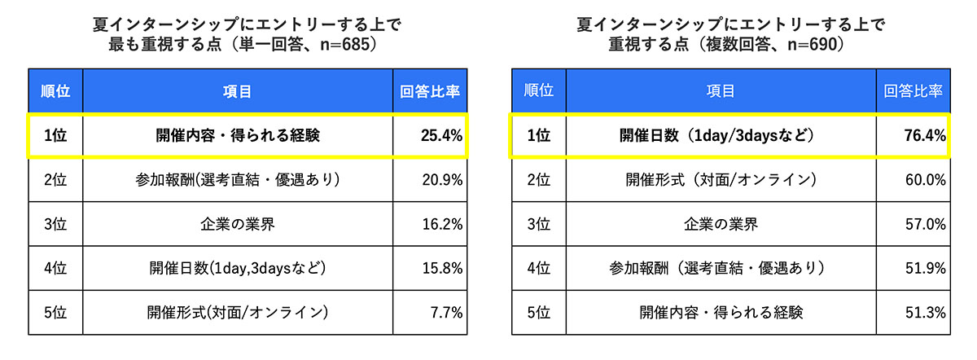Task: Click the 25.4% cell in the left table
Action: [x=440, y=135]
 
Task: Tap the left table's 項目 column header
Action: [x=237, y=91]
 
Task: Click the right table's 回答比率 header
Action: [x=913, y=91]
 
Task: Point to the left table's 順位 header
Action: [x=55, y=91]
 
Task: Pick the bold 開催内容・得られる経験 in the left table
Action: [x=237, y=135]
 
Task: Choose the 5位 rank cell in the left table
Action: [x=55, y=311]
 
